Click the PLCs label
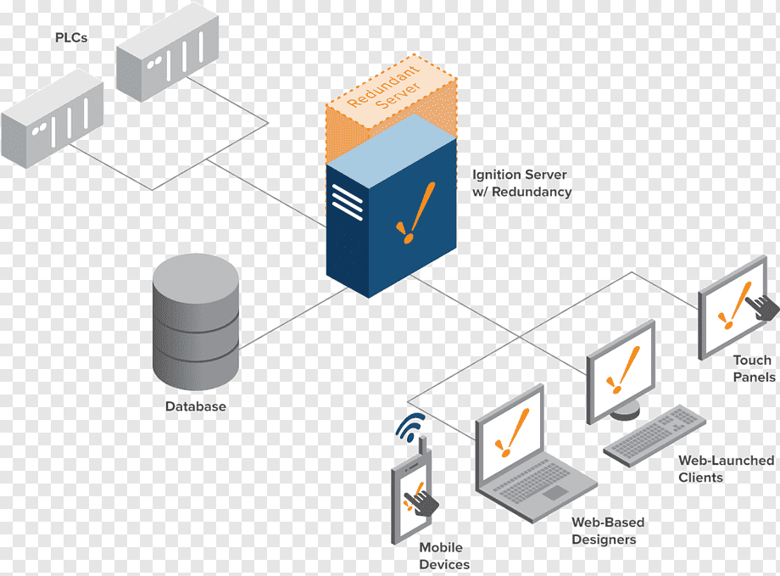coord(71,38)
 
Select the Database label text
coord(196,406)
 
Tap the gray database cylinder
coord(196,322)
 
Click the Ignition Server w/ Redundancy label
coord(521,183)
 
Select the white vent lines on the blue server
coord(347,202)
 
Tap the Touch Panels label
coord(754,368)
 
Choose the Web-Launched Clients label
coord(726,469)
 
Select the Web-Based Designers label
coord(608,531)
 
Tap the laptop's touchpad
coord(555,492)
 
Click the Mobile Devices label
coord(444,556)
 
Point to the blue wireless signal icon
coord(410,427)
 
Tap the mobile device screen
coord(411,498)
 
